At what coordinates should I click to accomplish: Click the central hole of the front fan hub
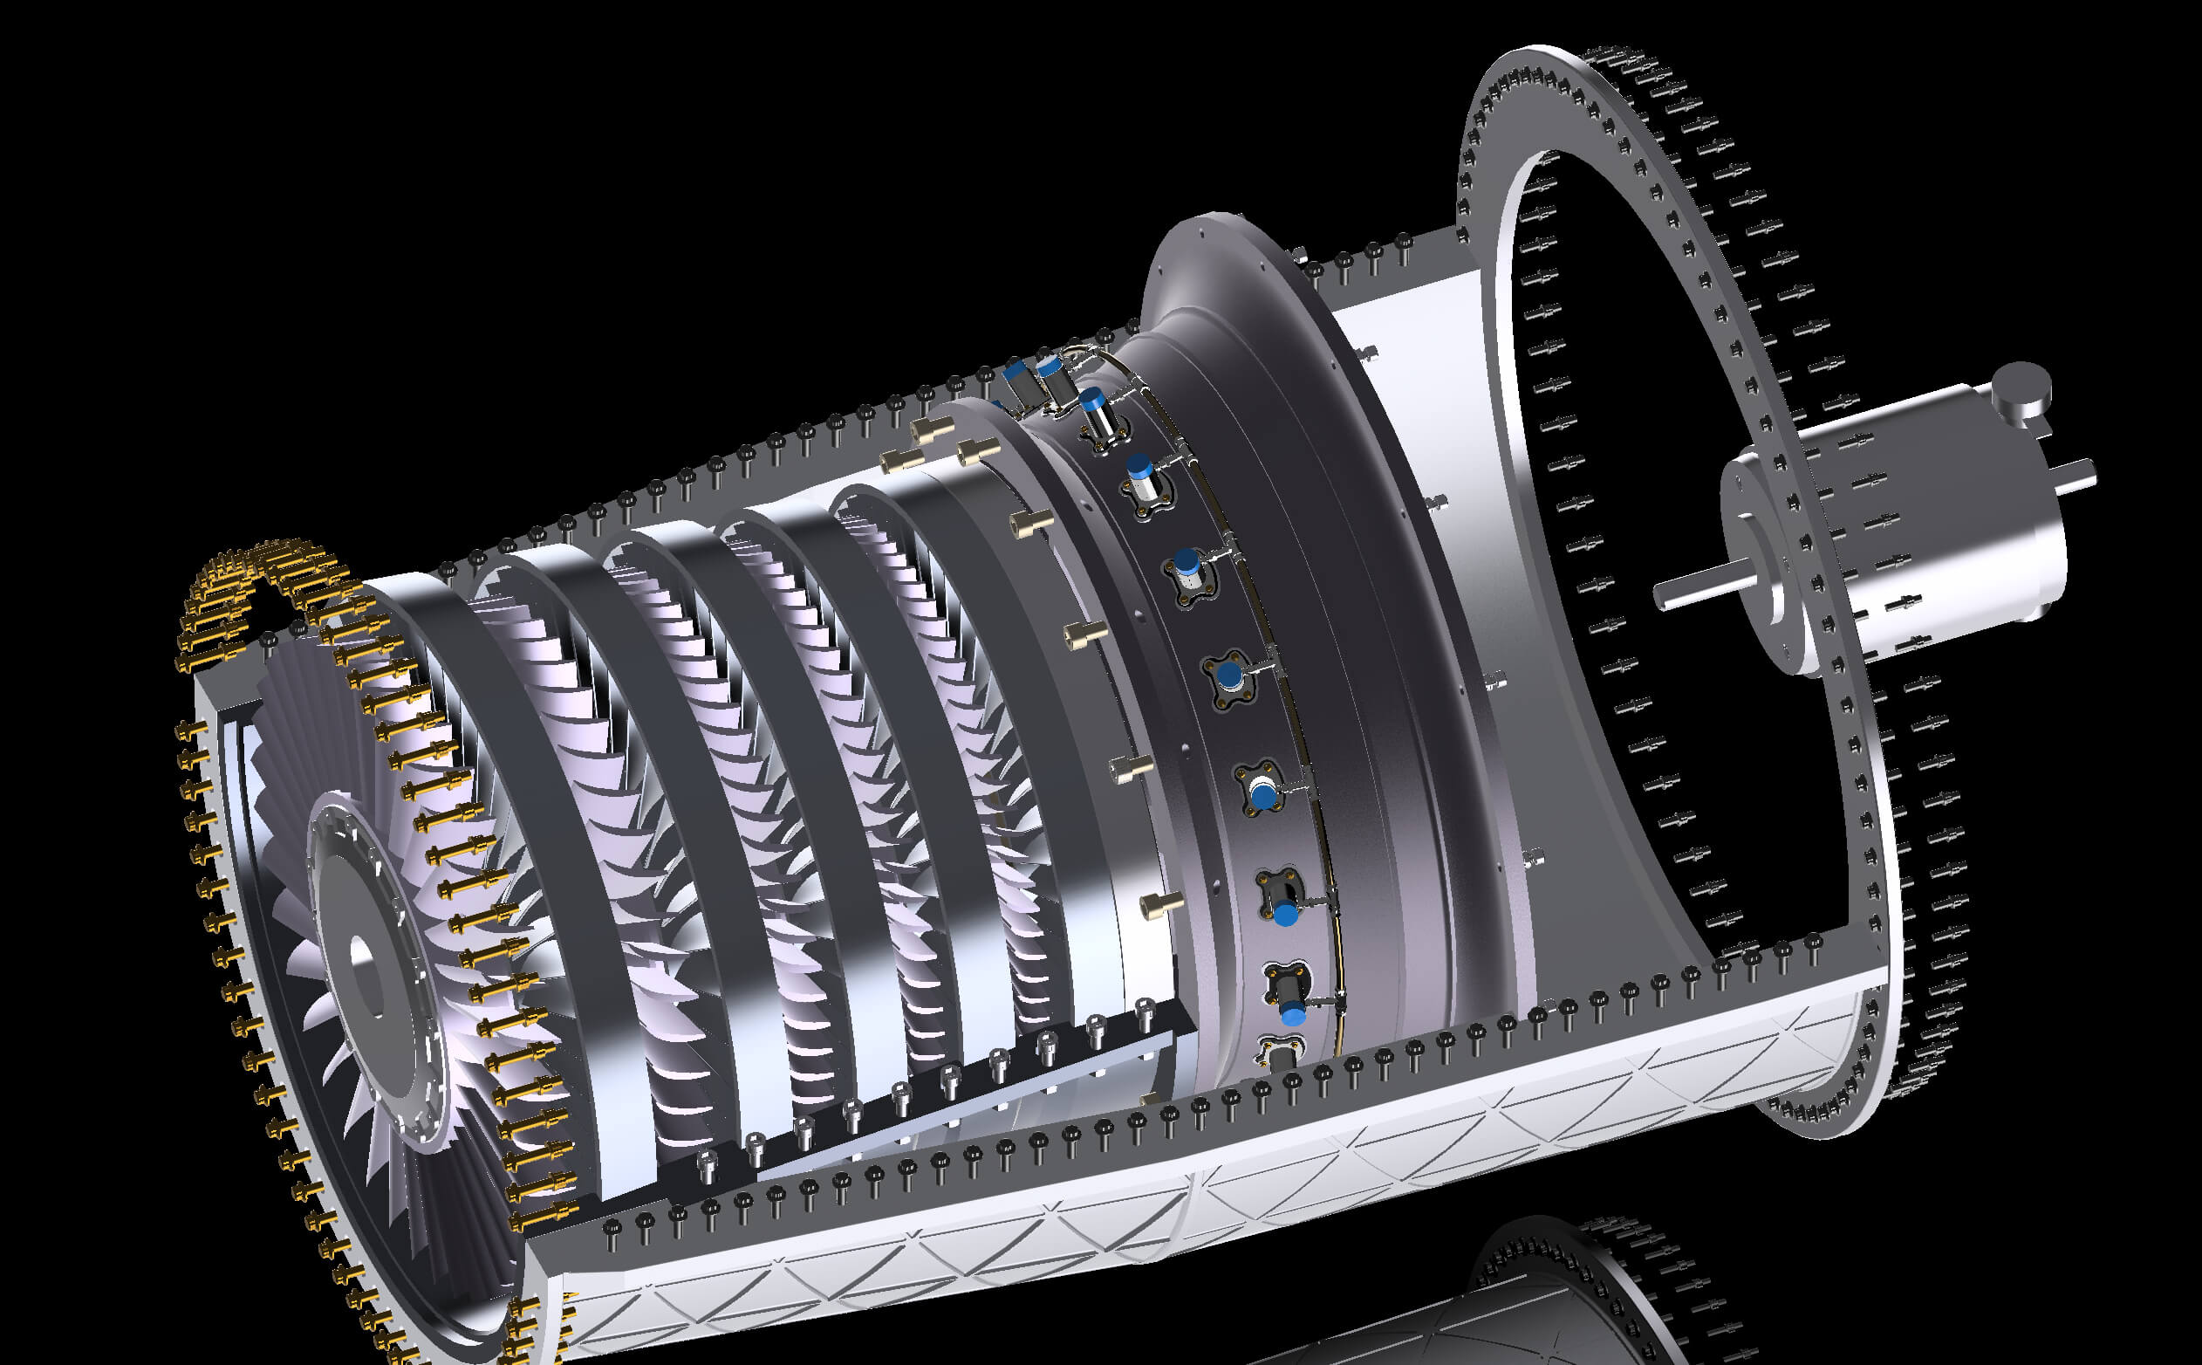[x=363, y=956]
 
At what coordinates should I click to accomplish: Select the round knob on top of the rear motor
[x=2021, y=387]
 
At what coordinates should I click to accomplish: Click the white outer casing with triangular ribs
[x=1173, y=1201]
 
